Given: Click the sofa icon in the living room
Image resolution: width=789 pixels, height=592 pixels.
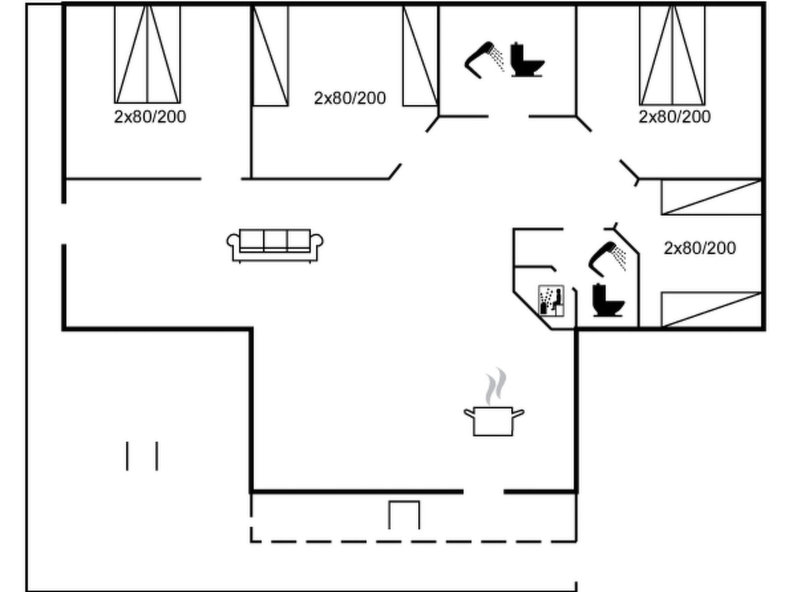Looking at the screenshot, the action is tap(275, 245).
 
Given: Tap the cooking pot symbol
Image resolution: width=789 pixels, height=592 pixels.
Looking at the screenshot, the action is tap(494, 421).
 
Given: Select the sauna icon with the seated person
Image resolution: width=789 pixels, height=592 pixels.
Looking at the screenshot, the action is tap(551, 301).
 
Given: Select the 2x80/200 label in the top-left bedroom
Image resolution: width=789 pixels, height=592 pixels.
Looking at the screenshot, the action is tap(150, 117).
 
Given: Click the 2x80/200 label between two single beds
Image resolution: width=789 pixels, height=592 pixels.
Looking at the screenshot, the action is tap(350, 98).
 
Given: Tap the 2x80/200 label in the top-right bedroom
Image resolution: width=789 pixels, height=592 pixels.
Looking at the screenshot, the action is tap(674, 117).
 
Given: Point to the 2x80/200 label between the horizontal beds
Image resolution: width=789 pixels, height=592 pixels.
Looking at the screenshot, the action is tap(700, 248).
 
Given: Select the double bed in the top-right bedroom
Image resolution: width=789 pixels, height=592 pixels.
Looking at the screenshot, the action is tap(672, 55).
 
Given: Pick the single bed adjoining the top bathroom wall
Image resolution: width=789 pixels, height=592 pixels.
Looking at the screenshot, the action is tap(420, 55).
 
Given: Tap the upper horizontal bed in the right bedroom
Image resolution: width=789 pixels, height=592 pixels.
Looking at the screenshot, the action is tap(711, 197).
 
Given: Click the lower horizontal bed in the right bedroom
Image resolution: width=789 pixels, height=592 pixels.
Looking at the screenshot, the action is tap(711, 310).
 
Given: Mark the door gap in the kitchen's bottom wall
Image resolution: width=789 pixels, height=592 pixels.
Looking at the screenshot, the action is tap(484, 491).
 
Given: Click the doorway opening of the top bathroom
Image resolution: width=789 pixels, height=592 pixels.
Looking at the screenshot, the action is tap(509, 116).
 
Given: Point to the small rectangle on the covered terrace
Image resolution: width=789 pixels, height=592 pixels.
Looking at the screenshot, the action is tap(404, 515).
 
